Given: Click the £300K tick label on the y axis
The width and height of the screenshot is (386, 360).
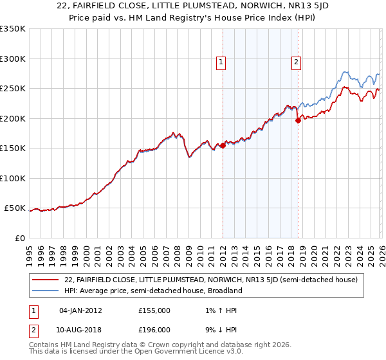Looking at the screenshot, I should click(x=12, y=59).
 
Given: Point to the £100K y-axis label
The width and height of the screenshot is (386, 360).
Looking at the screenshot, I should click(x=12, y=178).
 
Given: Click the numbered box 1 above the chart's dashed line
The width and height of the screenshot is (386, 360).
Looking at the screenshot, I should click(x=221, y=62).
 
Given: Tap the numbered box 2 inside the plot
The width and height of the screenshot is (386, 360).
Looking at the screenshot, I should click(x=296, y=62).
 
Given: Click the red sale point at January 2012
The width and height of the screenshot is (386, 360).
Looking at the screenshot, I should click(x=223, y=146).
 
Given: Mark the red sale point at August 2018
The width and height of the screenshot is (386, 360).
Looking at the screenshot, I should click(x=298, y=120).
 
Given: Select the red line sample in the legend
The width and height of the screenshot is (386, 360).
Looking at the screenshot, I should click(x=47, y=280).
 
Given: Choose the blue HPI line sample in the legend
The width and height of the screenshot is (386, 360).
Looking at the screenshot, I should click(x=47, y=291).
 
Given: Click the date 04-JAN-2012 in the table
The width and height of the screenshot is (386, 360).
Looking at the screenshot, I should click(x=80, y=310).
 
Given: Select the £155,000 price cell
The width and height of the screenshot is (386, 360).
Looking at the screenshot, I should click(x=154, y=310).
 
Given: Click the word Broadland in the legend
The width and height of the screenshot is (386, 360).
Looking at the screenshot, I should click(x=223, y=291).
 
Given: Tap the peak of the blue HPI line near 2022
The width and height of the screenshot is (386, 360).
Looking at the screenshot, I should click(x=345, y=72).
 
